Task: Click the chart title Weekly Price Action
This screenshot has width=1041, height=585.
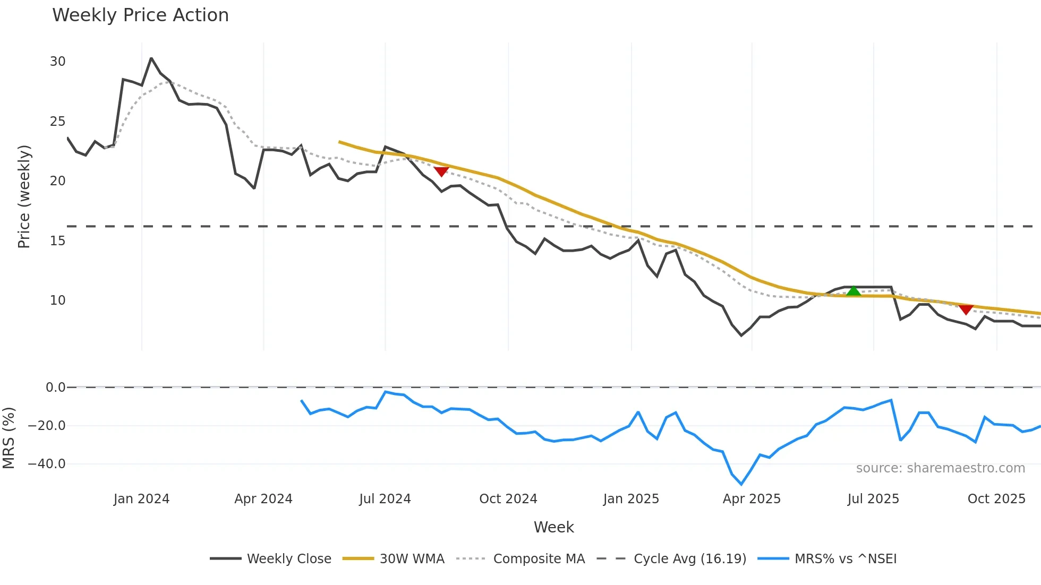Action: pyautogui.click(x=140, y=15)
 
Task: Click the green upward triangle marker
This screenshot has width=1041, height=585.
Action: pyautogui.click(x=854, y=291)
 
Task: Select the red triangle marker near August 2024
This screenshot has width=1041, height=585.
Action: pyautogui.click(x=441, y=171)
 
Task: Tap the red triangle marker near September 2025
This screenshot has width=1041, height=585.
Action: pyautogui.click(x=966, y=309)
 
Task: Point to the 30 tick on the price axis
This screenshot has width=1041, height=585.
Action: pyautogui.click(x=57, y=62)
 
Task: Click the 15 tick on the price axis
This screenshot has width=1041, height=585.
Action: pyautogui.click(x=57, y=241)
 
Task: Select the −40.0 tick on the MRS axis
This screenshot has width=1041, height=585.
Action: pyautogui.click(x=47, y=464)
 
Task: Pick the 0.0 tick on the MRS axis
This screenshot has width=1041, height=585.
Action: pyautogui.click(x=55, y=388)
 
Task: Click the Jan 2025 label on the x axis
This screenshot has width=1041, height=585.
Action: pyautogui.click(x=631, y=499)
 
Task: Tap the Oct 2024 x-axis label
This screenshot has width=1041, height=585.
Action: pyautogui.click(x=508, y=499)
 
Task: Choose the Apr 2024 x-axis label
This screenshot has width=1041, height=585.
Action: pyautogui.click(x=263, y=499)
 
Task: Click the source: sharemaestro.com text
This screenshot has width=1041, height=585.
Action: pyautogui.click(x=940, y=468)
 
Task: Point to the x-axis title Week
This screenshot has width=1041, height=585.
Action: pyautogui.click(x=553, y=527)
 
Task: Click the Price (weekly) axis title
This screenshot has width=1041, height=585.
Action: pyautogui.click(x=24, y=196)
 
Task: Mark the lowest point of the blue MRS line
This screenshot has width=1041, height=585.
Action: pyautogui.click(x=741, y=484)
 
